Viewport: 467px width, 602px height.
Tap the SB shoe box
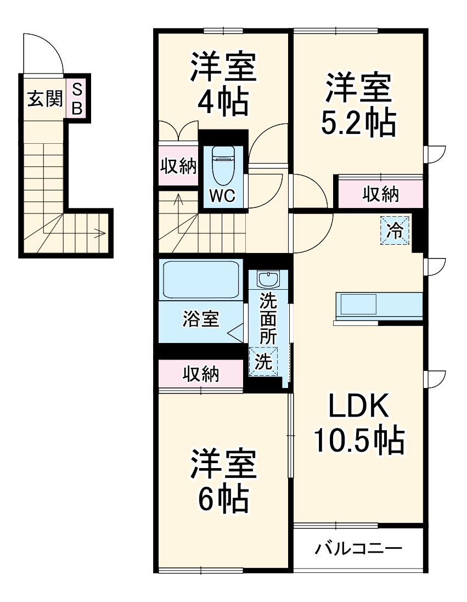pyautogui.click(x=77, y=98)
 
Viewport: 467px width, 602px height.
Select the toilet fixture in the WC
pyautogui.click(x=223, y=165)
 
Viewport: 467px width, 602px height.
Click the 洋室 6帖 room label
pyautogui.click(x=223, y=481)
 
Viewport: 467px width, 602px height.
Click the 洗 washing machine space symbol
pyautogui.click(x=264, y=362)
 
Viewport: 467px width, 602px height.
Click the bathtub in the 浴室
pyautogui.click(x=201, y=280)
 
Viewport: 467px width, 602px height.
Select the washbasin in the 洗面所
pyautogui.click(x=268, y=280)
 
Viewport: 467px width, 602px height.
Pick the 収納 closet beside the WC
pyautogui.click(x=178, y=166)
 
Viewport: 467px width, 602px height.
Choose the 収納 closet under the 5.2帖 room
pyautogui.click(x=380, y=194)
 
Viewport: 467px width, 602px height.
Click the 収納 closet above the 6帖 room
pyautogui.click(x=201, y=374)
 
